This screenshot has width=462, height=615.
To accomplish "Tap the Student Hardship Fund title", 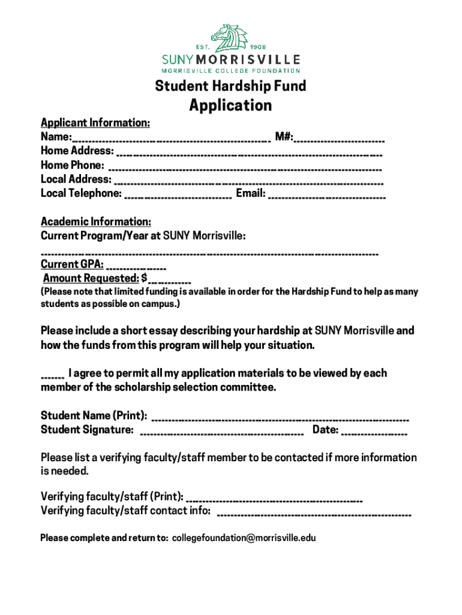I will point(230,86).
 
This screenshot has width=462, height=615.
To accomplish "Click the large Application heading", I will point(230,106).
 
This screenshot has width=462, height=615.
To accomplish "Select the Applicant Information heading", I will point(95,123).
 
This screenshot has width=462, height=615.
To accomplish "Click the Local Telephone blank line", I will point(178,195).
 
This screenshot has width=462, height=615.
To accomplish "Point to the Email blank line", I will point(327,195).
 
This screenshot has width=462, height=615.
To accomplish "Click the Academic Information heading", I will point(95,222).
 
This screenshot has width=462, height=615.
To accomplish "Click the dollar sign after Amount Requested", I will point(144,278).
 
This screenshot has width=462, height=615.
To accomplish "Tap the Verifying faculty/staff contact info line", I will point(313,514).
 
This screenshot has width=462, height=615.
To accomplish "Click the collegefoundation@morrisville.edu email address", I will point(244,538).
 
